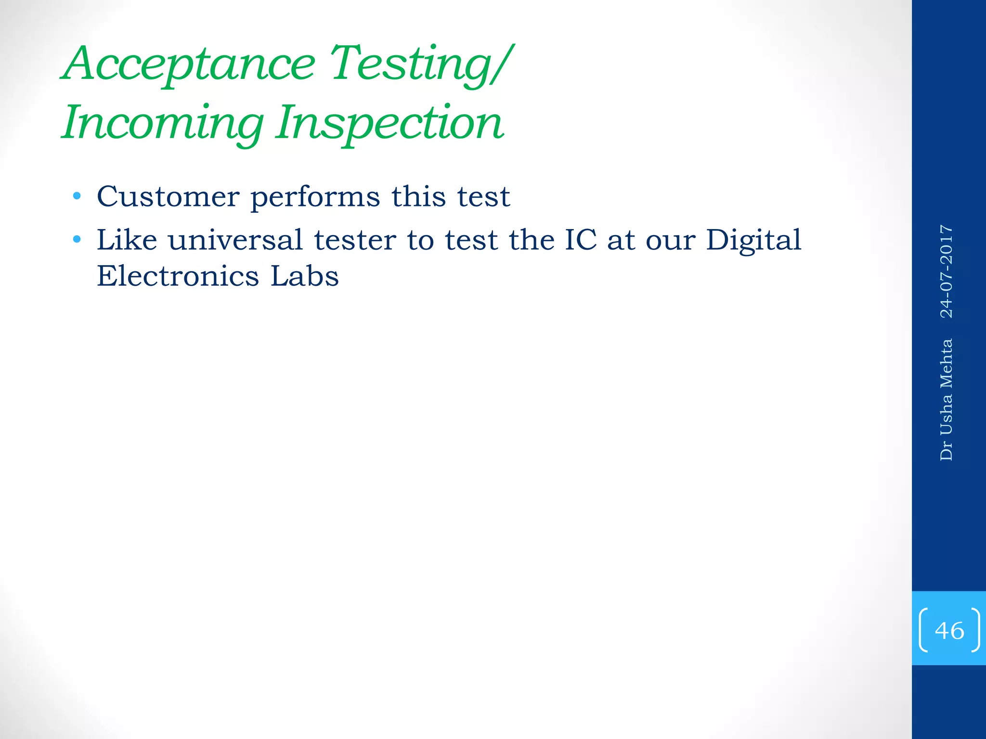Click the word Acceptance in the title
click(190, 64)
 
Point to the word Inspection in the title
click(389, 123)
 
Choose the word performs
click(315, 197)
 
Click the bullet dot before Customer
click(77, 196)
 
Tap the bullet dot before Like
click(77, 239)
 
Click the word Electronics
click(178, 276)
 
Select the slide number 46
click(949, 630)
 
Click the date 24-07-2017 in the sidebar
click(947, 271)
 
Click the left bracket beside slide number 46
click(923, 630)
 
